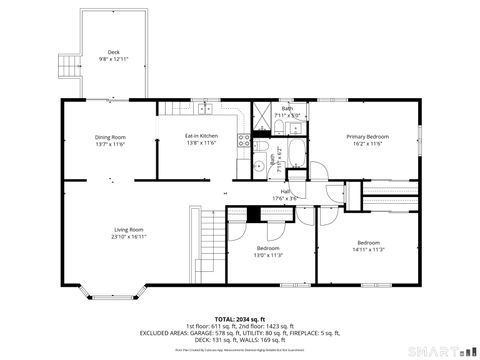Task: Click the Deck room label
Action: click(113, 52)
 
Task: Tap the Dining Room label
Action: click(110, 137)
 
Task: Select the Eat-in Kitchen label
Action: click(201, 136)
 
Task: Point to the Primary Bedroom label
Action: click(367, 137)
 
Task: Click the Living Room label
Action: click(128, 230)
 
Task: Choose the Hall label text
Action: click(285, 191)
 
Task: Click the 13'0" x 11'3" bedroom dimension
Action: click(267, 255)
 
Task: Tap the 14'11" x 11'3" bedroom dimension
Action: click(368, 250)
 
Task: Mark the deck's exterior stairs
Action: click(68, 66)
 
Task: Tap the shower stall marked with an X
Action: click(266, 113)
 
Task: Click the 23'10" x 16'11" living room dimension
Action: click(128, 237)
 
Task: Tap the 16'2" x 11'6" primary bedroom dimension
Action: click(367, 143)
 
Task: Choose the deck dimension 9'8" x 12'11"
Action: click(113, 59)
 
